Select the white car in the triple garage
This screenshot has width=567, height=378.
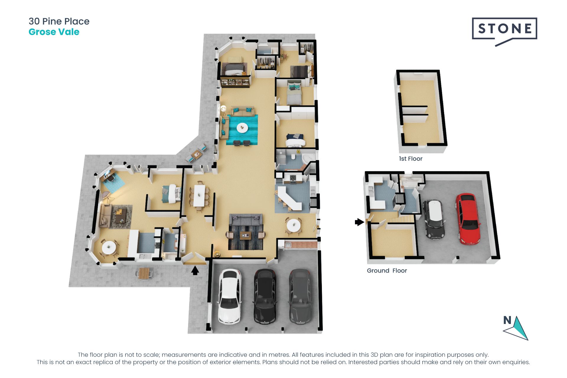pyautogui.click(x=230, y=296)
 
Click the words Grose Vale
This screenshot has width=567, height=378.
pyautogui.click(x=54, y=32)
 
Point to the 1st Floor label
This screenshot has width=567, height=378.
pyautogui.click(x=410, y=159)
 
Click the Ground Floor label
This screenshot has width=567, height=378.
pyautogui.click(x=387, y=271)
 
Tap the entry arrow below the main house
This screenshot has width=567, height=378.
pyautogui.click(x=195, y=270)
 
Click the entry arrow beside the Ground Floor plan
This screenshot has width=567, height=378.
pyautogui.click(x=359, y=222)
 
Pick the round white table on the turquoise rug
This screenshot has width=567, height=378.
pyautogui.click(x=242, y=128)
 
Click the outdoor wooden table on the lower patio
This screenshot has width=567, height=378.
pyautogui.click(x=144, y=273)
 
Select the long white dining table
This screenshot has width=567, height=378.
pyautogui.click(x=199, y=195)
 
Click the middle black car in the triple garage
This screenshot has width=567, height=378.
pyautogui.click(x=265, y=296)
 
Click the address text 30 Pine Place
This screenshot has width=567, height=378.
pyautogui.click(x=59, y=21)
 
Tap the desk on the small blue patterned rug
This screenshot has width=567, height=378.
pyautogui.click(x=107, y=177)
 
